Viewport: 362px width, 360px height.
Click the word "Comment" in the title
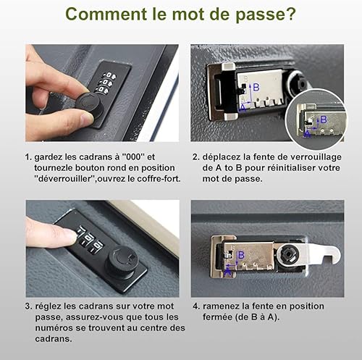106,14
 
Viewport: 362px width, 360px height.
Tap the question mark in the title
291,14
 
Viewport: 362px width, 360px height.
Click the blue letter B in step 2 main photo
256,87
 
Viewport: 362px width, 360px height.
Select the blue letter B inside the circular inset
324,120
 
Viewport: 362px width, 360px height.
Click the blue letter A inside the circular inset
307,133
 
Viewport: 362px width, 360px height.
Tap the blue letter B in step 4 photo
241,255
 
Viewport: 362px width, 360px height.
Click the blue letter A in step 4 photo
227,272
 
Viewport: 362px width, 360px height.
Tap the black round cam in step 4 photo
289,255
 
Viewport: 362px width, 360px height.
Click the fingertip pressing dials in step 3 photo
71,235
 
